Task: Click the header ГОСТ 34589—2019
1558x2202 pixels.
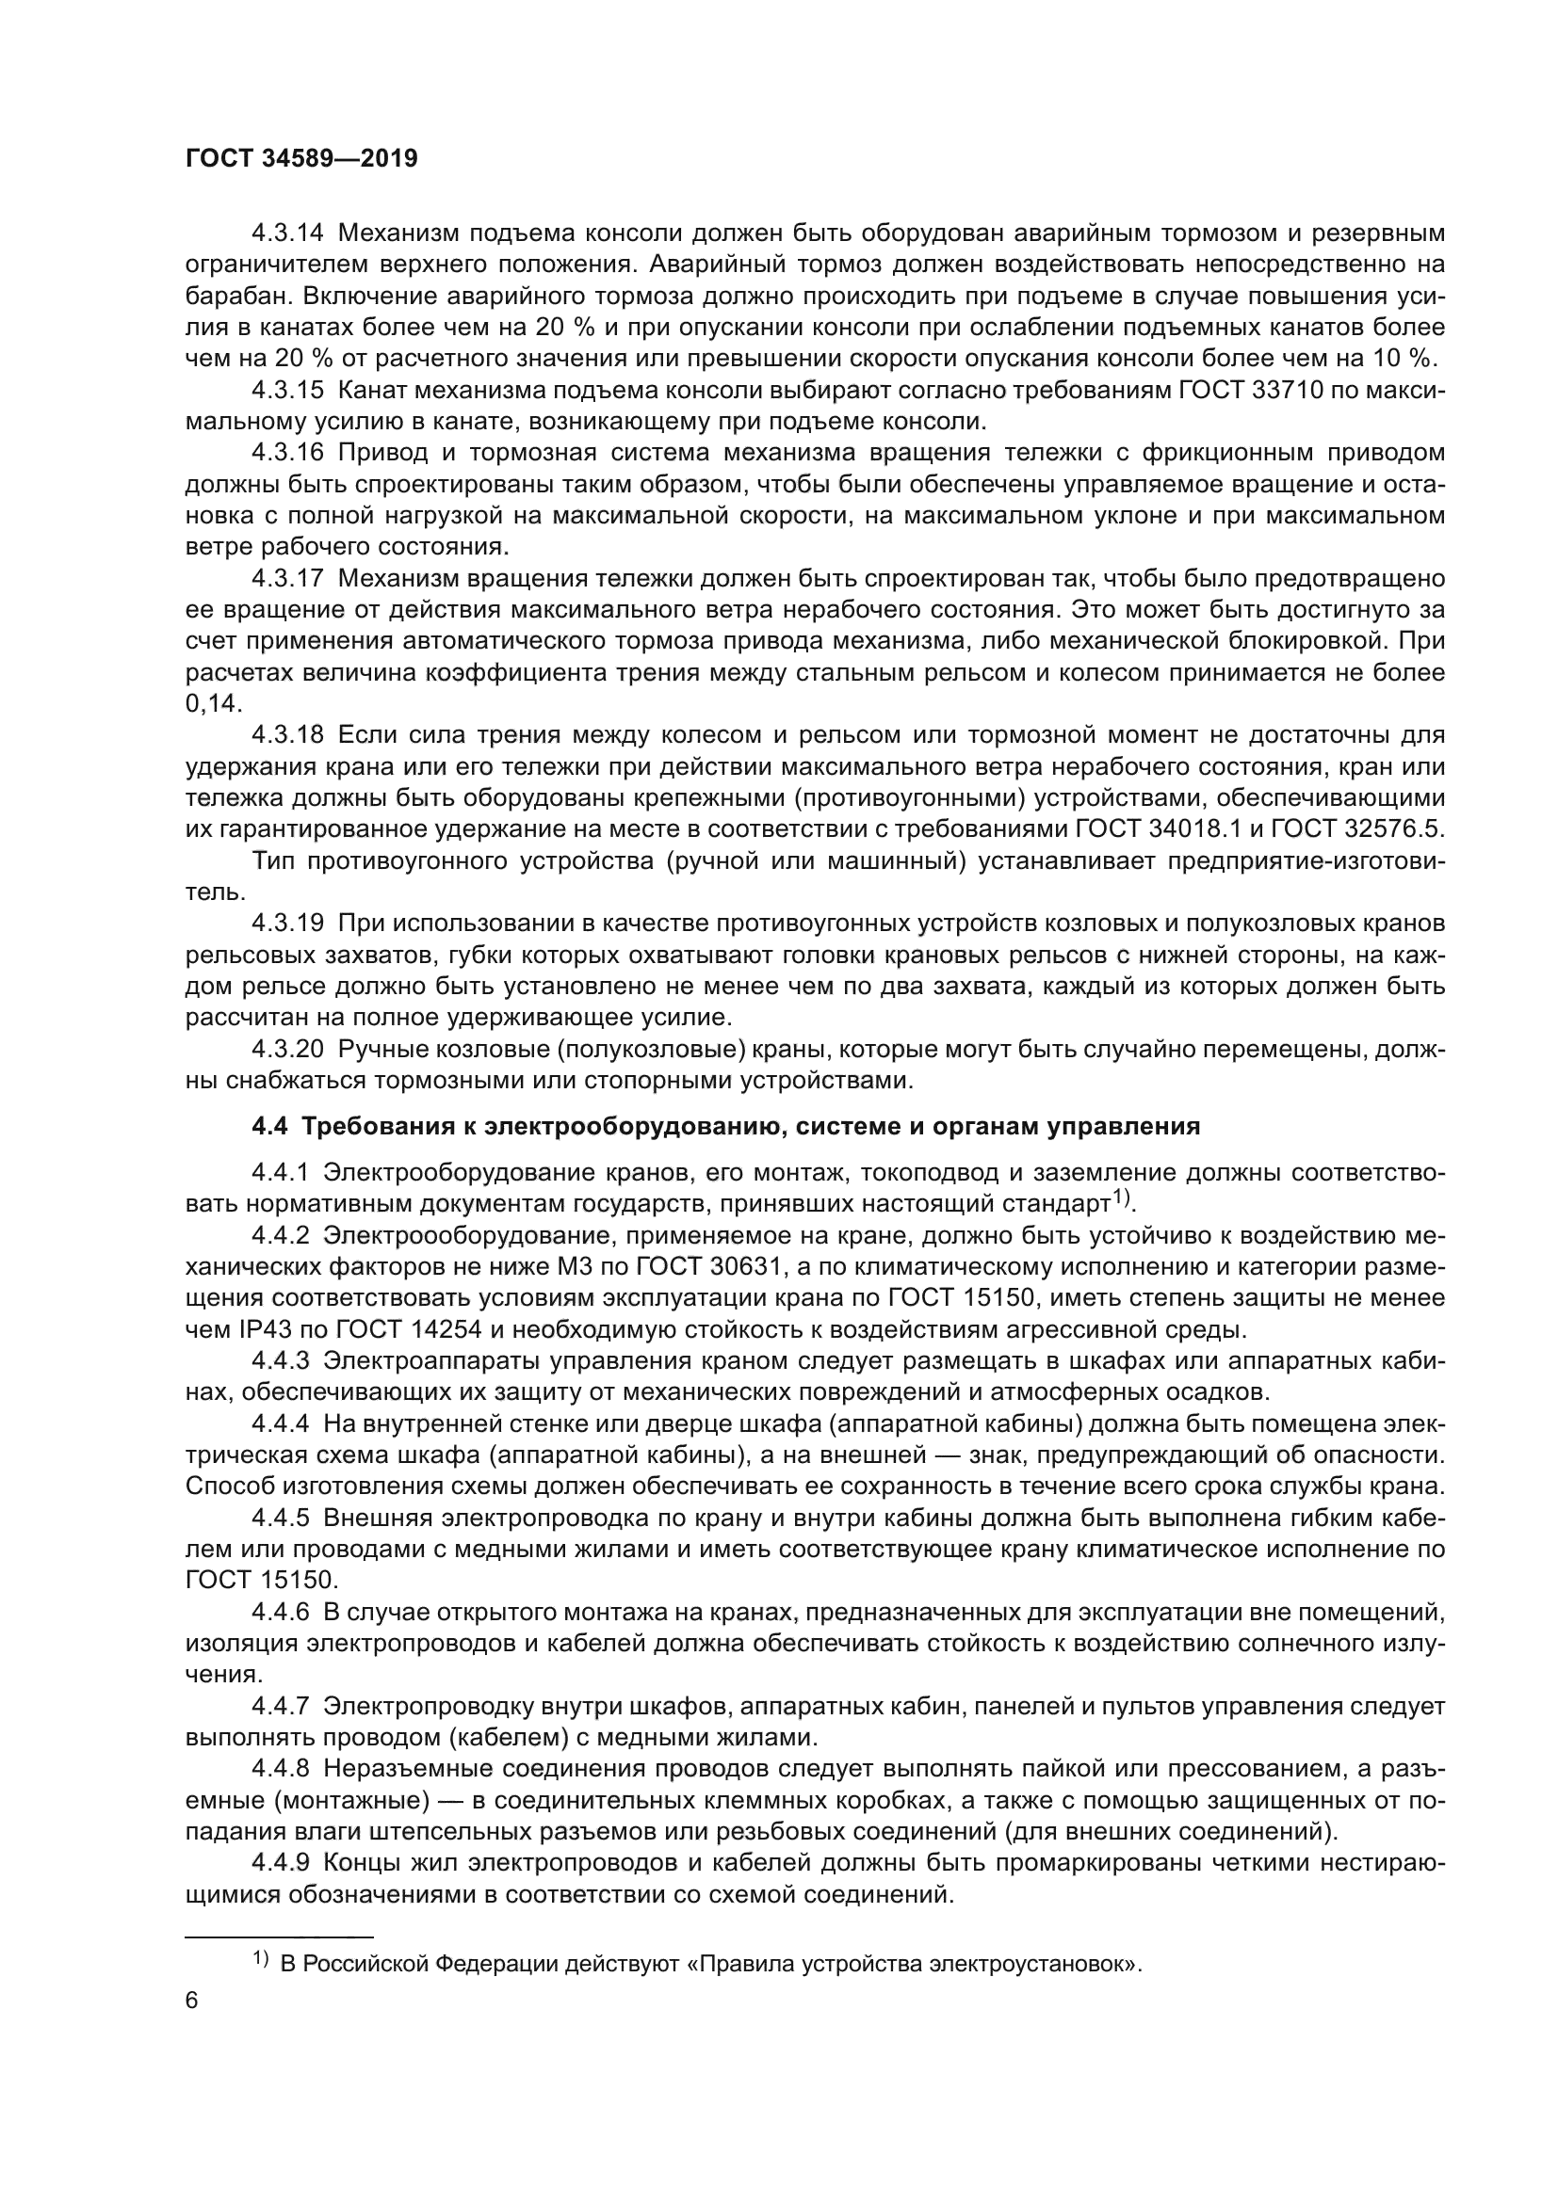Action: [x=301, y=159]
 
